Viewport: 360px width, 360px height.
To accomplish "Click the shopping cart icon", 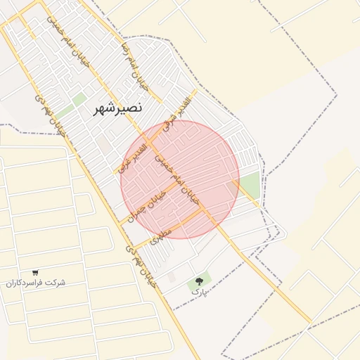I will [x=35, y=273].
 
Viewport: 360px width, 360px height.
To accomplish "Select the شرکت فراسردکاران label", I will [x=36, y=283].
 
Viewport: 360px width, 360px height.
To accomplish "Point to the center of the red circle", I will [x=180, y=179].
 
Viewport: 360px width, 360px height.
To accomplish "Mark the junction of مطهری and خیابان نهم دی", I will [x=131, y=245].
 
